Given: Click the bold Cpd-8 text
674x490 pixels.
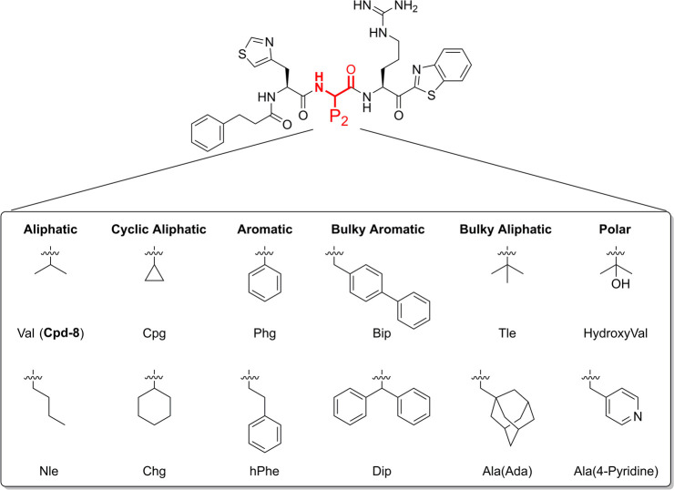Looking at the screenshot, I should (x=77, y=334).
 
